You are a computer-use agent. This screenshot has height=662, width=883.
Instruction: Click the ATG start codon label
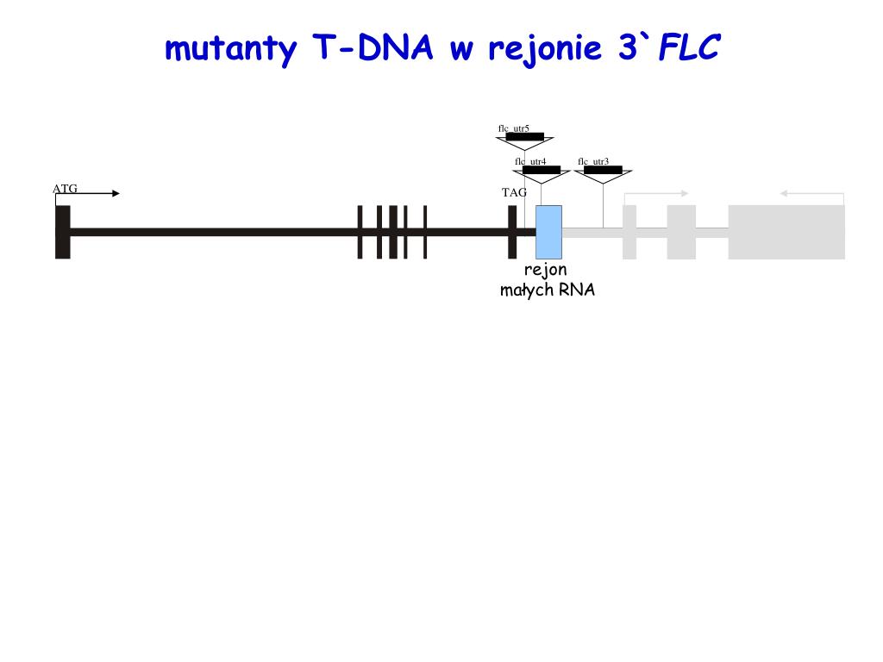click(x=65, y=188)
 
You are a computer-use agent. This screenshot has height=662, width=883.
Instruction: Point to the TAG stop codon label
click(x=514, y=192)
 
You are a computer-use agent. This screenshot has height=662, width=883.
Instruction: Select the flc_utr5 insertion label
click(x=514, y=128)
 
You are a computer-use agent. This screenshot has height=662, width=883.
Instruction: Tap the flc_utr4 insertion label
click(x=531, y=161)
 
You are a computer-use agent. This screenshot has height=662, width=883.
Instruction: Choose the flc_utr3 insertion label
click(x=593, y=161)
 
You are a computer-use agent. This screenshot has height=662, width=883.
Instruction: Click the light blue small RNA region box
click(x=548, y=231)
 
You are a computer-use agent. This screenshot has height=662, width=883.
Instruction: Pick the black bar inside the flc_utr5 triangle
click(x=524, y=136)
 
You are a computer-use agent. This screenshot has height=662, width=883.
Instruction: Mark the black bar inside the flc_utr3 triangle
click(x=603, y=170)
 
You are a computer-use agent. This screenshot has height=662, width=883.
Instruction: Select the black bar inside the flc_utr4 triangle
click(x=542, y=170)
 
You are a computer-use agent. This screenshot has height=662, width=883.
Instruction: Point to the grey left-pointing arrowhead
click(x=785, y=193)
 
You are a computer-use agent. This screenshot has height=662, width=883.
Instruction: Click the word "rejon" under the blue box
click(x=546, y=271)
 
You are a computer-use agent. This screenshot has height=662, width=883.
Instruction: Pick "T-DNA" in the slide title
click(x=373, y=48)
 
